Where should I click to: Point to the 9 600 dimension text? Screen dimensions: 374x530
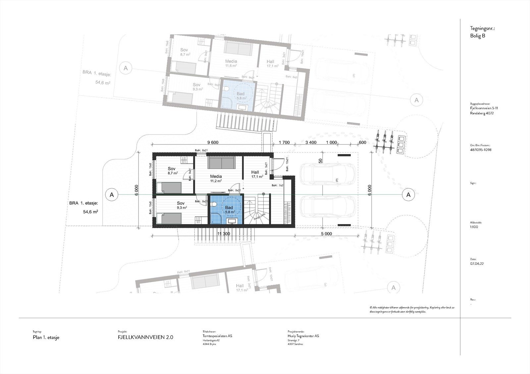click(213, 143)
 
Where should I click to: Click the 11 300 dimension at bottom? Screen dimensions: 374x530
click(224, 234)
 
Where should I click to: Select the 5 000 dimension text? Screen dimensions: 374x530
click(326, 234)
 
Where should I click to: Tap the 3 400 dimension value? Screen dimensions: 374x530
click(310, 143)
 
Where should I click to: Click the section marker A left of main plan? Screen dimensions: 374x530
click(112, 195)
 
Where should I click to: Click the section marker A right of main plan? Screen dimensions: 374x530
click(408, 195)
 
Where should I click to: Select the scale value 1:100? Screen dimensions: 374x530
click(474, 227)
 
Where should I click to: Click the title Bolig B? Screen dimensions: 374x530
click(477, 36)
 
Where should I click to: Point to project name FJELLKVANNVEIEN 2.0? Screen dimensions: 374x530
click(145, 337)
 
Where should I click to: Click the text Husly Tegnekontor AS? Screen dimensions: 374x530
click(303, 336)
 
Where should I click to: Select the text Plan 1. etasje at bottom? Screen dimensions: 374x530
click(46, 338)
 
